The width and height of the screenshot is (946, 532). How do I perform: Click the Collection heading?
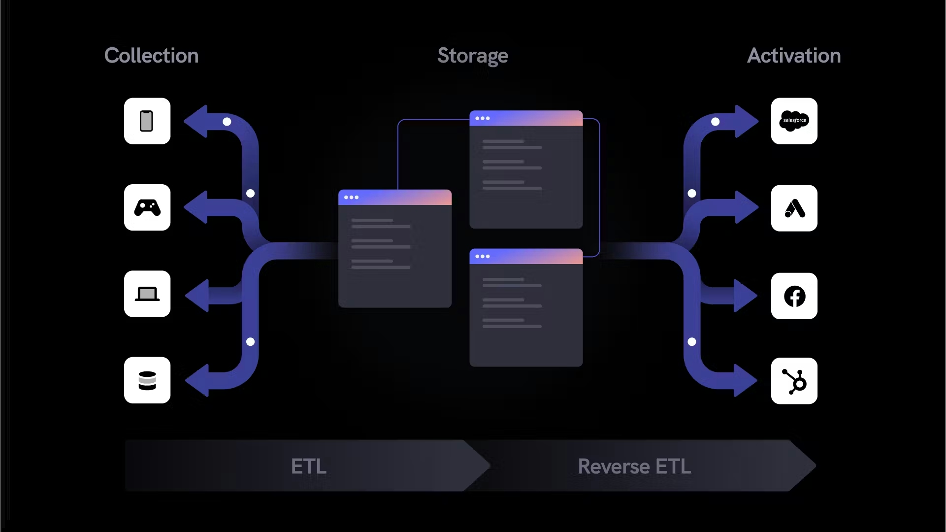click(x=151, y=56)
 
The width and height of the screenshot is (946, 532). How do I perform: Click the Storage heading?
click(x=472, y=56)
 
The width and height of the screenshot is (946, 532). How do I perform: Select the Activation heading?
click(x=793, y=56)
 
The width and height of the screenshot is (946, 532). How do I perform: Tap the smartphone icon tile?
click(x=147, y=121)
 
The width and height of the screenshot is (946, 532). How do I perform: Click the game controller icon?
click(x=147, y=208)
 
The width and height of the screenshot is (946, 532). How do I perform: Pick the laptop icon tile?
click(x=147, y=294)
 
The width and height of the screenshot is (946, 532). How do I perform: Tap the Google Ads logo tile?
click(x=794, y=208)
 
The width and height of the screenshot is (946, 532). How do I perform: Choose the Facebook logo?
click(x=794, y=296)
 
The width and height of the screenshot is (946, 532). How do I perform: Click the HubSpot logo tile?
click(x=794, y=381)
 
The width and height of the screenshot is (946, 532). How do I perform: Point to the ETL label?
click(x=308, y=466)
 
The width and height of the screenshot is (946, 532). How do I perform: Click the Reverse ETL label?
click(x=634, y=466)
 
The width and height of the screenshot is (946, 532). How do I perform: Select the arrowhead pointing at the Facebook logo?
click(x=745, y=296)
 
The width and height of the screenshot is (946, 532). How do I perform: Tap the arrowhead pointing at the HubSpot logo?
click(x=745, y=380)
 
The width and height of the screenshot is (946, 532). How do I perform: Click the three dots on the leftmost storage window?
click(x=351, y=198)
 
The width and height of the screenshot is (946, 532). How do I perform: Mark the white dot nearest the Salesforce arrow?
click(x=715, y=122)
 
